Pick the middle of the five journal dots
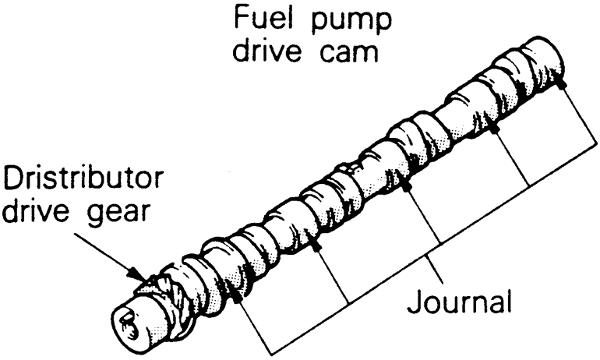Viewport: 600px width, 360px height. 405,186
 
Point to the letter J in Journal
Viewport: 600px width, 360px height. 418,300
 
